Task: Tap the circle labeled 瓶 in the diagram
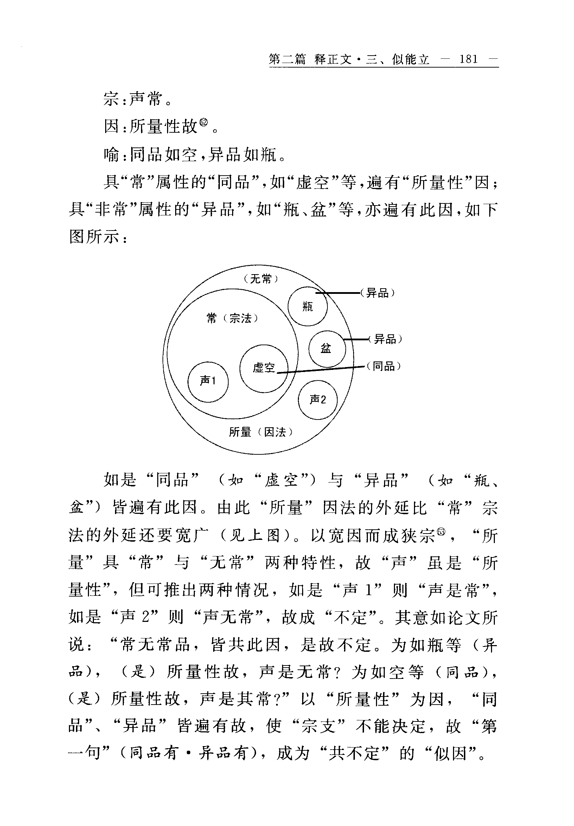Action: [308, 307]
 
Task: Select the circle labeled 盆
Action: [327, 349]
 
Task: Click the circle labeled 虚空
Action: [264, 368]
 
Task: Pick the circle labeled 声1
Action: [208, 382]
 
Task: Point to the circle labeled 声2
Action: [318, 400]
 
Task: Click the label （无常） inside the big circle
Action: [261, 279]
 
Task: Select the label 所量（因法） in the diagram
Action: [261, 432]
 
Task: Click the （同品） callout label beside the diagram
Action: [383, 367]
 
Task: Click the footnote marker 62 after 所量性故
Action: [204, 123]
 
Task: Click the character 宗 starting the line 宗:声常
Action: [111, 99]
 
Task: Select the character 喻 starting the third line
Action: [111, 155]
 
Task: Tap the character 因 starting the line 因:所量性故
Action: [111, 127]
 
